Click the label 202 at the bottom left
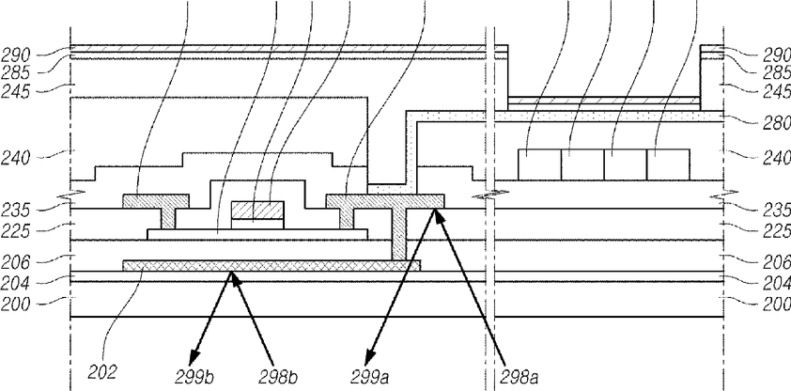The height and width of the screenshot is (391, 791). [103, 372]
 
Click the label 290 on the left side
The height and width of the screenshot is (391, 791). [16, 55]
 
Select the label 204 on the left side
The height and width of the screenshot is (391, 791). [16, 284]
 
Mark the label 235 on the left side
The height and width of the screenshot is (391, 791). [16, 210]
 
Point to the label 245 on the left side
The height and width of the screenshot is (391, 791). [16, 92]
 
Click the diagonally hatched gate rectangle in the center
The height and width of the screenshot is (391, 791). [257, 210]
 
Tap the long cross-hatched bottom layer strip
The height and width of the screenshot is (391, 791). [271, 266]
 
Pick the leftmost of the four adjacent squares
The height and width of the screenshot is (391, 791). [540, 164]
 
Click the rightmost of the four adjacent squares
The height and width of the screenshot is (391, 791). [669, 164]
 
